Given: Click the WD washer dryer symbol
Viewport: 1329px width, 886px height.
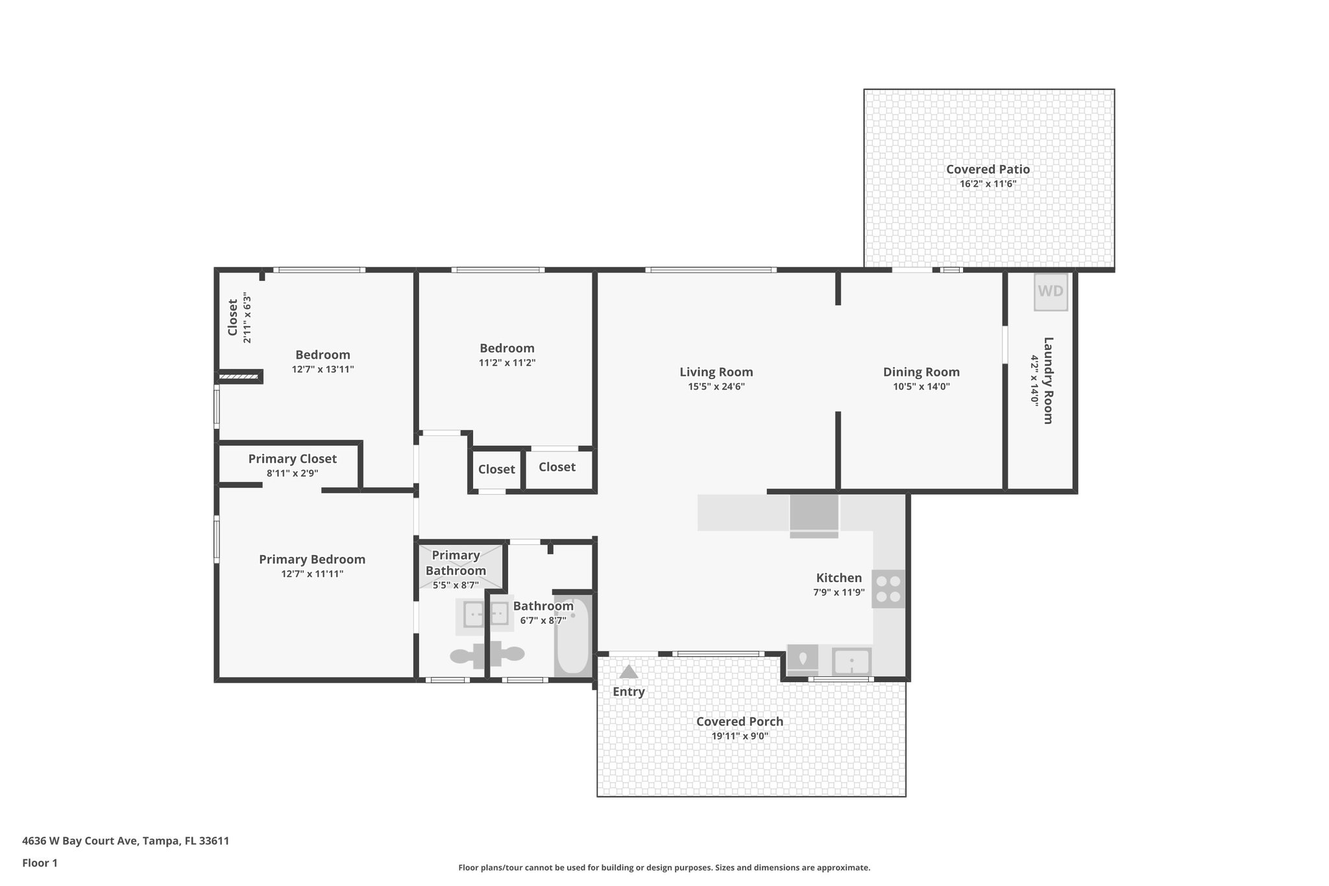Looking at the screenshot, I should (x=1050, y=291).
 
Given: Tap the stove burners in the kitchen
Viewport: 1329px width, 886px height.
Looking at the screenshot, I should (x=888, y=589).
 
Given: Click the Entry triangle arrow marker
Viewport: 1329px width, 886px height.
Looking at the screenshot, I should (x=628, y=672).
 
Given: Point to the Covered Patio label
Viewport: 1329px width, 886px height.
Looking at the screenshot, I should (x=988, y=169).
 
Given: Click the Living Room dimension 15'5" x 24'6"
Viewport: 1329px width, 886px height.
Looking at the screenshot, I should (x=716, y=387).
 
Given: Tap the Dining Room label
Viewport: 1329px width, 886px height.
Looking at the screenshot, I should (x=921, y=372).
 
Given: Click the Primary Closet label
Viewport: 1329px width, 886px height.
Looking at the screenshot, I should (x=292, y=459).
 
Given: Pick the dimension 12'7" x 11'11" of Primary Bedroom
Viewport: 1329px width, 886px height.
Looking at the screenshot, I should (x=312, y=574).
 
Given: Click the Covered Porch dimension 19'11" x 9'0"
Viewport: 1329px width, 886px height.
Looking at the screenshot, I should (x=740, y=736).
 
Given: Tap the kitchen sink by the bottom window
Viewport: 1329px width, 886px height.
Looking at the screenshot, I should (x=851, y=662).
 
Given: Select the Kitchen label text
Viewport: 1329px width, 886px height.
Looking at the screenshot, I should (x=838, y=578).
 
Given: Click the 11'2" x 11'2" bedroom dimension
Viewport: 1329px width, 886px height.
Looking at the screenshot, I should (x=507, y=363).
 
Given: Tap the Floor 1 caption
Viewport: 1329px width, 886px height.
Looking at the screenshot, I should (x=40, y=863).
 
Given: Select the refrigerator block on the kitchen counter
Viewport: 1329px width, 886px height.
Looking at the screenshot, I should (x=814, y=513).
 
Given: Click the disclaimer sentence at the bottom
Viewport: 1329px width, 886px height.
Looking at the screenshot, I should (x=664, y=867).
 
